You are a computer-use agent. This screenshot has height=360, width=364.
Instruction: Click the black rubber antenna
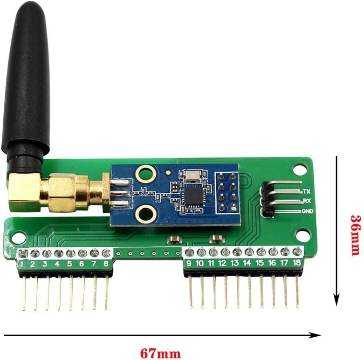point(26,79)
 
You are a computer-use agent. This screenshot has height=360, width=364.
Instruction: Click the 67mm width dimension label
point(160,353)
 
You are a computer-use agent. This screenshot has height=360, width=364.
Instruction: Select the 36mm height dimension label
point(355,235)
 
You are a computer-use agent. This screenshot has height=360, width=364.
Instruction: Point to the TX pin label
point(306,191)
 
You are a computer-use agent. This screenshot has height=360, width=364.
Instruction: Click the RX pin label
point(306,201)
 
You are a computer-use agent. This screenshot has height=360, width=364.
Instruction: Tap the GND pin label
point(308,211)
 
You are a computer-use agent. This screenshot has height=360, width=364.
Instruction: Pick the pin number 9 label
point(189,264)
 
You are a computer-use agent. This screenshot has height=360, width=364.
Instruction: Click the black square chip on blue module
point(192,195)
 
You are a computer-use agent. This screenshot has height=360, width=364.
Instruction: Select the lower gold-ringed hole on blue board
point(146,214)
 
